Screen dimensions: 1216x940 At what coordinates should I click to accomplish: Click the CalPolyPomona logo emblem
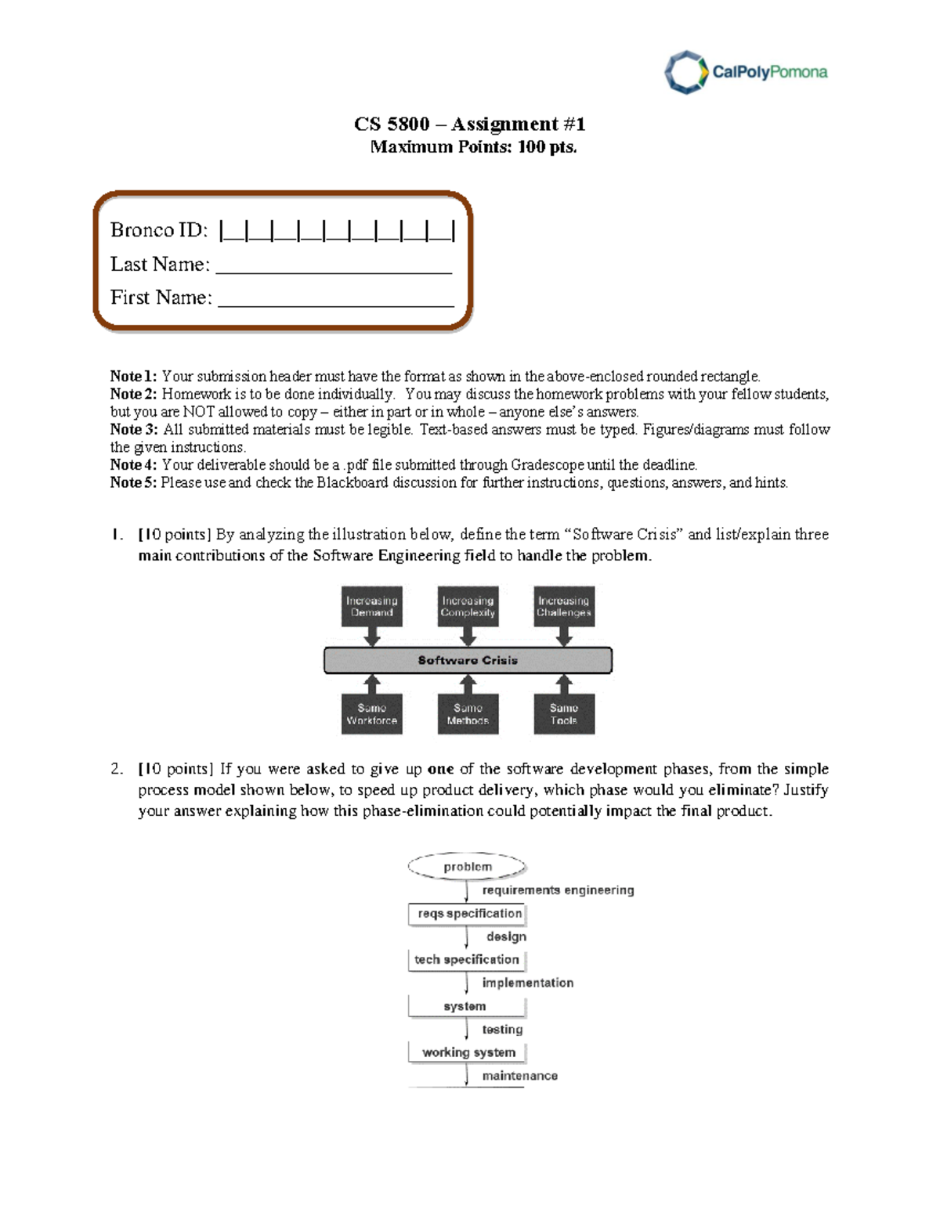coord(686,72)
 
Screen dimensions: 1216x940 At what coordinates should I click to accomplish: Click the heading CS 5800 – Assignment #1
coord(469,124)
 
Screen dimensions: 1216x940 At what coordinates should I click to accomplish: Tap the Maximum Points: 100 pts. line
coord(473,147)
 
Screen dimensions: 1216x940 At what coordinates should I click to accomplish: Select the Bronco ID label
coord(159,230)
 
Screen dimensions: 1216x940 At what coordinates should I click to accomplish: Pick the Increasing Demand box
coord(372,606)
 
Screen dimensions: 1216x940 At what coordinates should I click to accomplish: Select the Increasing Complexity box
coord(468,606)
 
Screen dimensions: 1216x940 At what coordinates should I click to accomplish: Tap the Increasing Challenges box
coord(564,606)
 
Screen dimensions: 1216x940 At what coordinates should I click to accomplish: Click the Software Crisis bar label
coord(468,660)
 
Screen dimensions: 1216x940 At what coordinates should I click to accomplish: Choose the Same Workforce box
coord(372,714)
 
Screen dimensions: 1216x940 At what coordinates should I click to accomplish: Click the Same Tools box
coord(564,714)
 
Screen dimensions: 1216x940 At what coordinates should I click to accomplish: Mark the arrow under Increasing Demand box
coord(372,637)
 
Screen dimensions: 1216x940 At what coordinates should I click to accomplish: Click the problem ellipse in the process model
coord(468,867)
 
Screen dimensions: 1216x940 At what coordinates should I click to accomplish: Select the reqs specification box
coord(468,914)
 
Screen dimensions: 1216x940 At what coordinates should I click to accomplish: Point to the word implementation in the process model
coord(527,983)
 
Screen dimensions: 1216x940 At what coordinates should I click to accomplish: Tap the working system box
coord(468,1052)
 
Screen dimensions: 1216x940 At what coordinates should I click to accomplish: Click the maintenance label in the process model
coord(519,1076)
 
